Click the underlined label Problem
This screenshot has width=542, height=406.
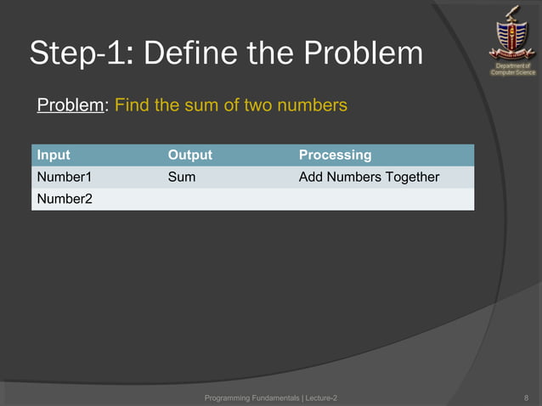(71, 106)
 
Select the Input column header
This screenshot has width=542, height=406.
(53, 155)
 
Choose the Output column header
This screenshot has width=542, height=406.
(189, 155)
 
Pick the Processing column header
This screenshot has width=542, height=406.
(335, 155)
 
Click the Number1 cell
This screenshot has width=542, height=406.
(63, 177)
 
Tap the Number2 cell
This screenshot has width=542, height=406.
(63, 199)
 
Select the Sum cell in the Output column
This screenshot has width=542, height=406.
(181, 177)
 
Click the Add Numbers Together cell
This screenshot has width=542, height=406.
(369, 177)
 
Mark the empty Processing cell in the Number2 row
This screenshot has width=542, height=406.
(382, 199)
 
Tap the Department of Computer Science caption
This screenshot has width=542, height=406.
(512, 69)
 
